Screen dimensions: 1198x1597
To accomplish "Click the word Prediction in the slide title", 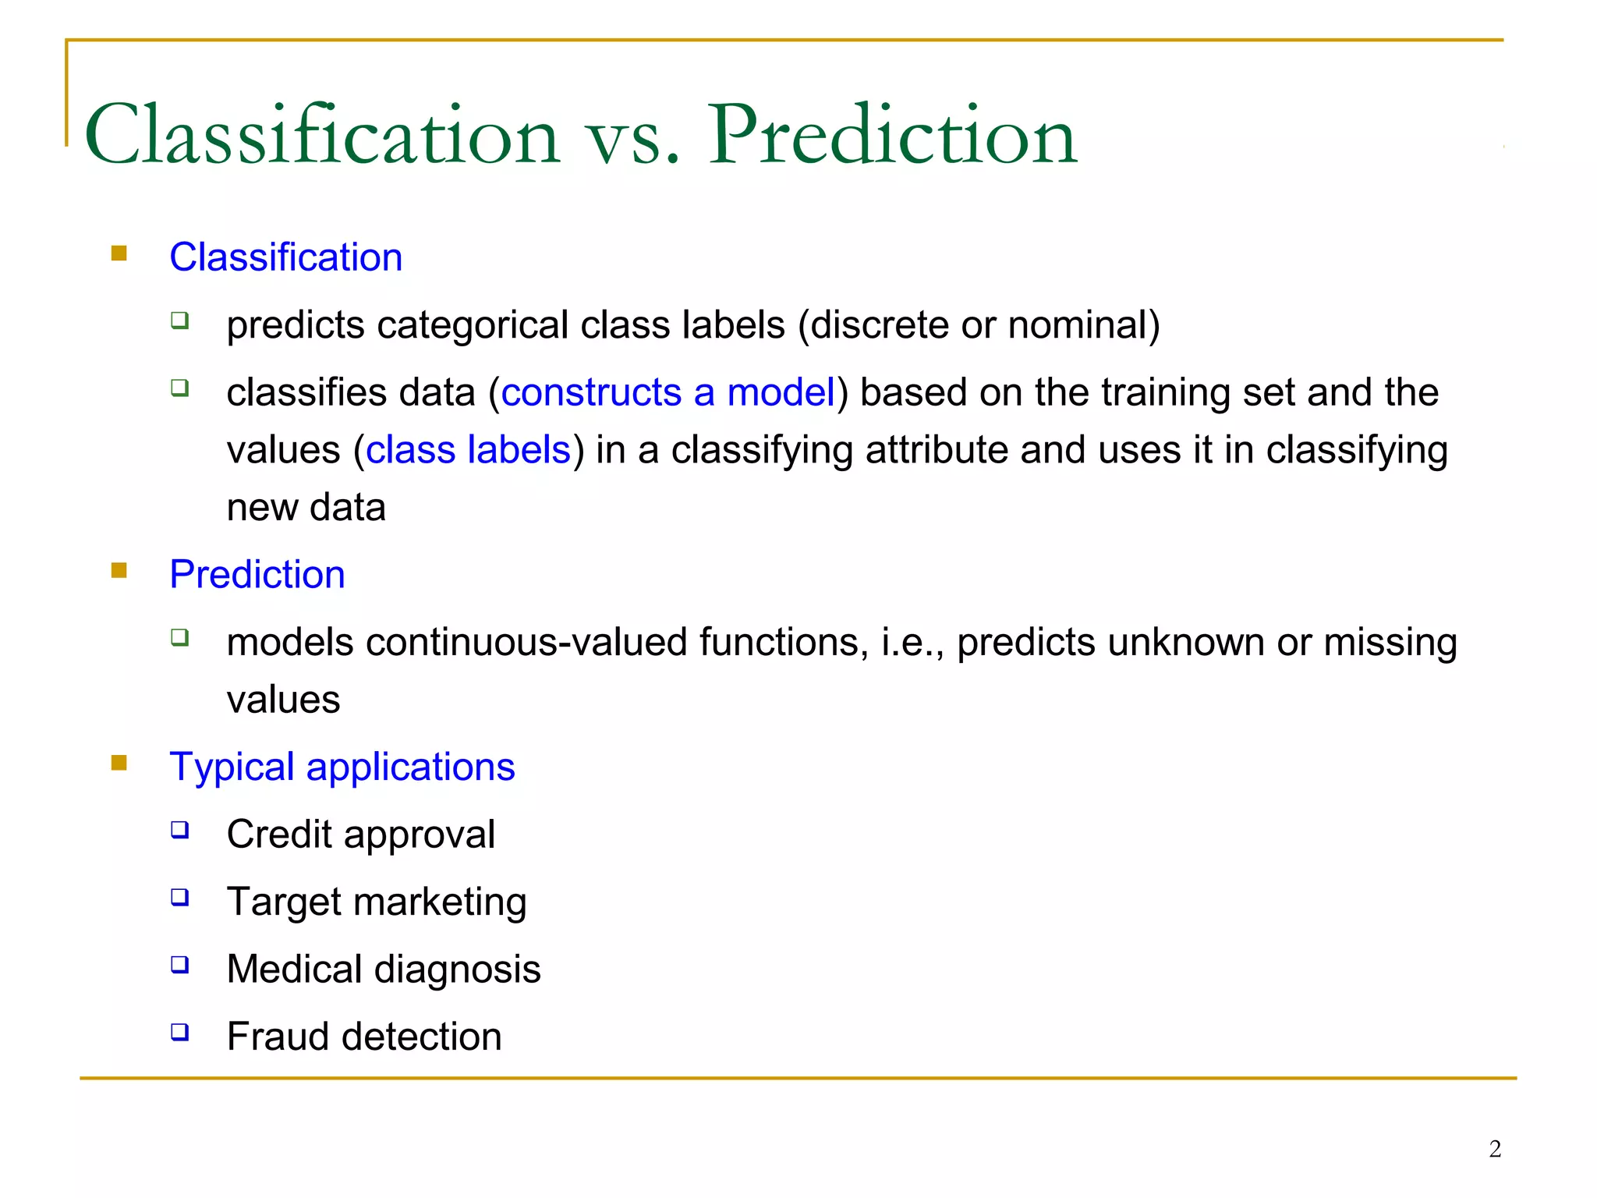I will (892, 136).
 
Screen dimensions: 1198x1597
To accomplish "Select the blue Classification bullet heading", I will (285, 257).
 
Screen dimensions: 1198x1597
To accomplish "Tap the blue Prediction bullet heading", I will (257, 575).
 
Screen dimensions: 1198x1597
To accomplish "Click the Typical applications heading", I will (342, 767).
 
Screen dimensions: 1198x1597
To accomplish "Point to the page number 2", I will (1494, 1149).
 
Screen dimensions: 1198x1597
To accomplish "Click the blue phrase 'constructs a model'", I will (667, 392).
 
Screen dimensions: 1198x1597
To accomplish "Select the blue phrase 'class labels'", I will (468, 450).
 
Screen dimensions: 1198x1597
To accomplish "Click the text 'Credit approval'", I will (360, 835).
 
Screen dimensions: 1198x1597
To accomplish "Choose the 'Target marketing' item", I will (376, 902).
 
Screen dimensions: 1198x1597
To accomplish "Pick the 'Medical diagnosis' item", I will (383, 969).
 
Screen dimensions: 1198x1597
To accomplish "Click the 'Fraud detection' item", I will (363, 1037).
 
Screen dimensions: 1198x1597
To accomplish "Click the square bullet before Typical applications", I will (119, 763).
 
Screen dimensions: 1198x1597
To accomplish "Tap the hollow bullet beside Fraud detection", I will (180, 1033).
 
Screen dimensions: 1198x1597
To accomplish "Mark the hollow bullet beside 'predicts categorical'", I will (180, 321).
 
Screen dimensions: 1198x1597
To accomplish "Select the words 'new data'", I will (306, 508).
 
